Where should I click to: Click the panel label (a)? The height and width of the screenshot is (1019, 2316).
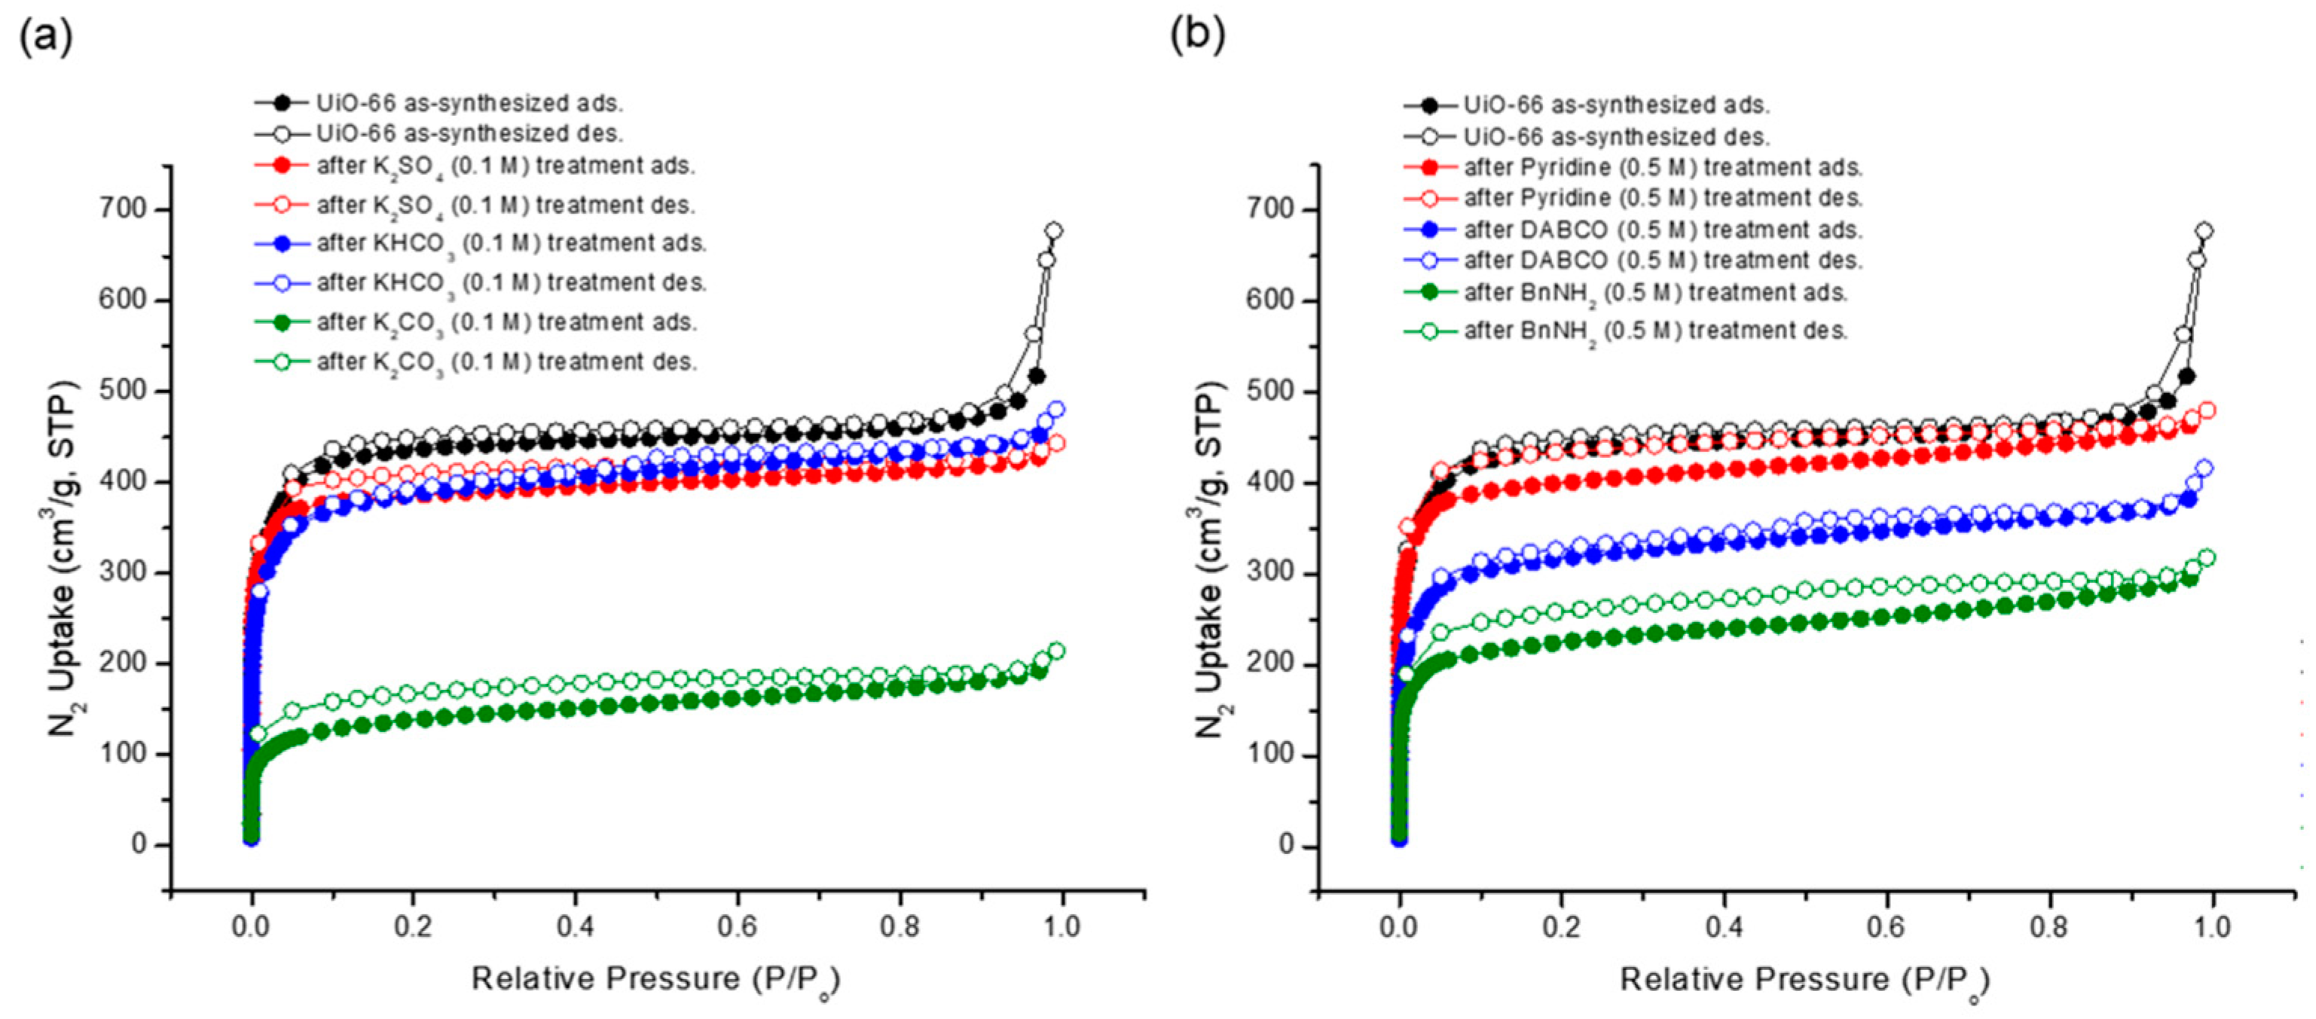click(x=45, y=37)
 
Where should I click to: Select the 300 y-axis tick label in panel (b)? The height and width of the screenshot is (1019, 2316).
click(x=1273, y=573)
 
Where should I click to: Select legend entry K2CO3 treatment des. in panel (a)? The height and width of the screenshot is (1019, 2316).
click(x=506, y=362)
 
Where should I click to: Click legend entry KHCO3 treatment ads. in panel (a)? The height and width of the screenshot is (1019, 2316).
click(x=511, y=243)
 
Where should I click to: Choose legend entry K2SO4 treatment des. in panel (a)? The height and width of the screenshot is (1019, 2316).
click(x=506, y=206)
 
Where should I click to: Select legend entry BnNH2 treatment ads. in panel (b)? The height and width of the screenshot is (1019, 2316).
click(x=1655, y=293)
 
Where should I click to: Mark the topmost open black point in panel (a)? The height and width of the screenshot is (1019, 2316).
click(x=1054, y=231)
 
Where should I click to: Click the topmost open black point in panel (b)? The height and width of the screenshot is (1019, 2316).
click(x=2204, y=231)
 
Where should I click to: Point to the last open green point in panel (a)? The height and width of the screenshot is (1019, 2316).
click(x=1057, y=651)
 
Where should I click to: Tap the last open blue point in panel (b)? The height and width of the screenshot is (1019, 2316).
click(x=2204, y=468)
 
